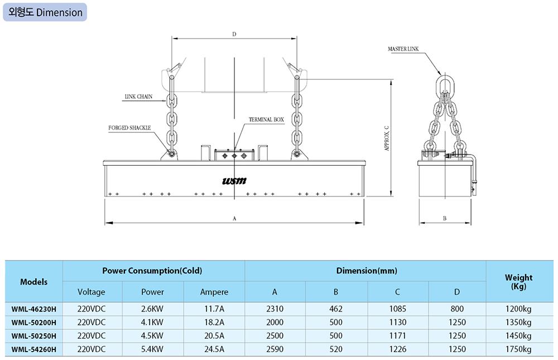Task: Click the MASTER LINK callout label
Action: pos(403,49)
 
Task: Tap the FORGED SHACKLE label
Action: pos(129,128)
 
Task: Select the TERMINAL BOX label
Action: pos(267,119)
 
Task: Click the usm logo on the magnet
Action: pos(234,181)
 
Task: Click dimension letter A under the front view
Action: pos(234,219)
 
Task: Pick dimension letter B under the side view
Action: pos(445,219)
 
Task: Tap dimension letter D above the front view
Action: pos(234,35)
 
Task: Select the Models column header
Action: pos(34,282)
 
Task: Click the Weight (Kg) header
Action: pos(518,281)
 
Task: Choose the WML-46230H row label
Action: pos(34,308)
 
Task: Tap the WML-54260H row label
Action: pos(34,349)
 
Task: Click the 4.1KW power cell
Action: pos(152,322)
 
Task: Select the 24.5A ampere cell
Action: pos(214,349)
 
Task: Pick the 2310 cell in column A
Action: pos(275,308)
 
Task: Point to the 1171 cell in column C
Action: pos(397,336)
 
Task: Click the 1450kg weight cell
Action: pos(518,336)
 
